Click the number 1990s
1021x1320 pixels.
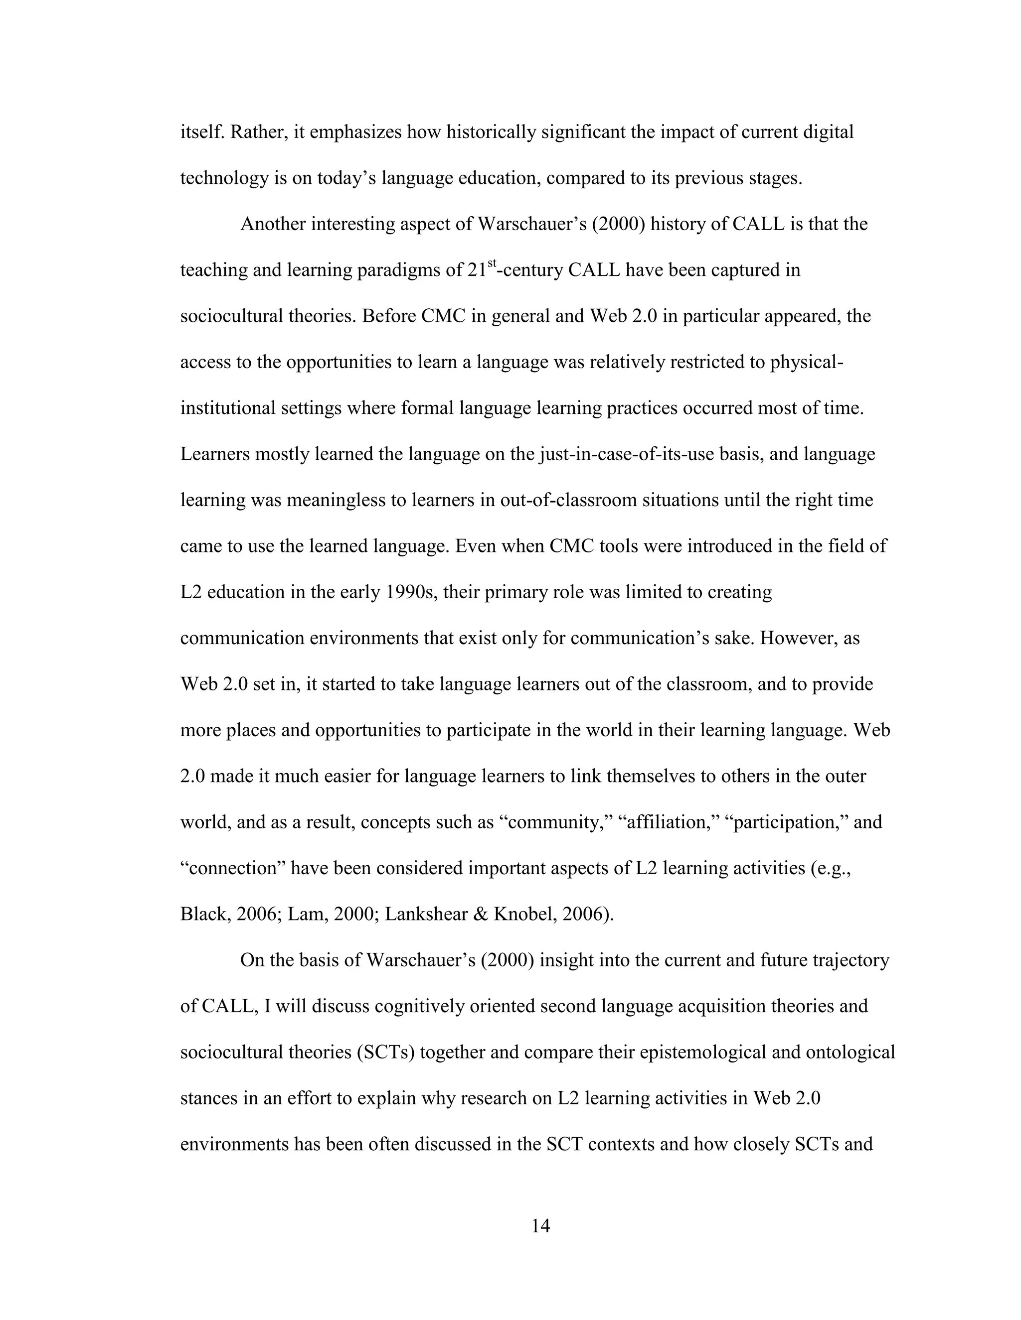pyautogui.click(x=411, y=592)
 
